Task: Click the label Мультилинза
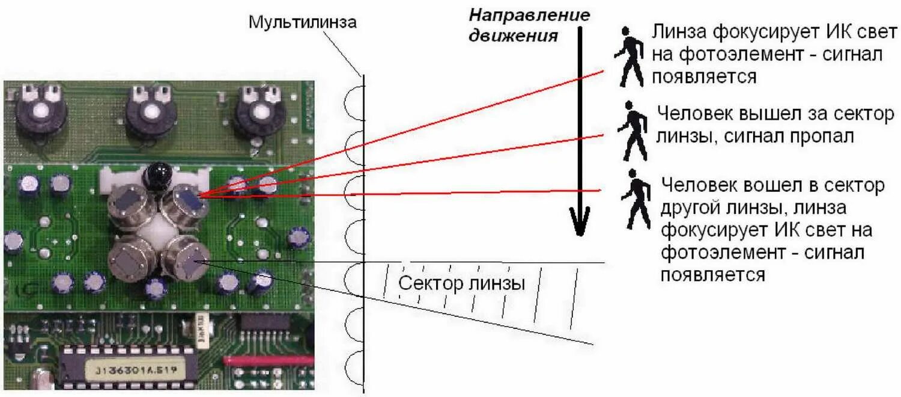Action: pyautogui.click(x=303, y=22)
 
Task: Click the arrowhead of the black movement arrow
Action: pyautogui.click(x=579, y=223)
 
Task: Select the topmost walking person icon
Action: pyautogui.click(x=628, y=57)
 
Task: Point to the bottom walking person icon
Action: pyautogui.click(x=636, y=199)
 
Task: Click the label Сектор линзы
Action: pyautogui.click(x=462, y=283)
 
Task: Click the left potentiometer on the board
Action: pyautogui.click(x=41, y=111)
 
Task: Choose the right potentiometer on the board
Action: pyautogui.click(x=259, y=111)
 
